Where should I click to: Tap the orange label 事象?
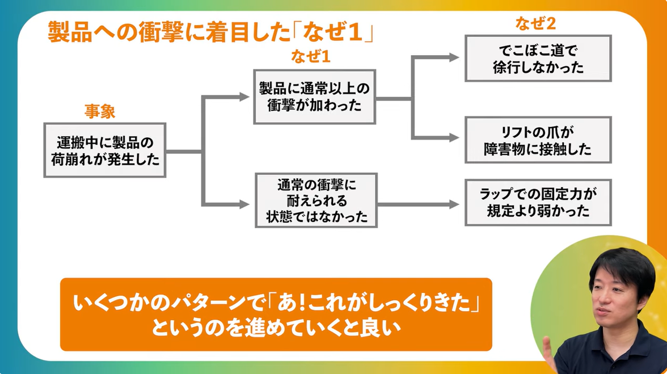100,111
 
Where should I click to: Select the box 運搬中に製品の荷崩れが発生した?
105,150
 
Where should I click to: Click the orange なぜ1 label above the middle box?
310,57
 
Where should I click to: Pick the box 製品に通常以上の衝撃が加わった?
315,96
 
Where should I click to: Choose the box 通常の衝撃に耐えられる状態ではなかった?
316,200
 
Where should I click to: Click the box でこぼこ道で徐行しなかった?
538,58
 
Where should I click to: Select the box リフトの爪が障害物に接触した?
538,140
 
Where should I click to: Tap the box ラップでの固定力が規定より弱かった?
538,203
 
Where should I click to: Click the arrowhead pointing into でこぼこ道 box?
454,57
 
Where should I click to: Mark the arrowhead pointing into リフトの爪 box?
454,137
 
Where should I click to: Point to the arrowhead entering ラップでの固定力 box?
454,204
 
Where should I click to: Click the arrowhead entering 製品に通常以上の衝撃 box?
244,97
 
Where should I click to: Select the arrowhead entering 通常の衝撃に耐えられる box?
244,204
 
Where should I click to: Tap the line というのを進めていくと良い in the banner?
276,329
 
